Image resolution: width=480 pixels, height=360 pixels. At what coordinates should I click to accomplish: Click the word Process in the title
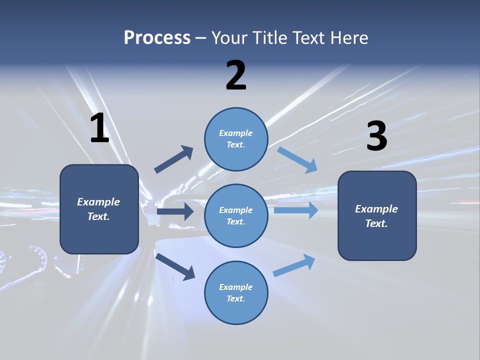(157, 37)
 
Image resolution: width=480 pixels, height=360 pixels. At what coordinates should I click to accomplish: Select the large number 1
(99, 128)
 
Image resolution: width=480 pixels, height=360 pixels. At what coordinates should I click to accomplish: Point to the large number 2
(236, 75)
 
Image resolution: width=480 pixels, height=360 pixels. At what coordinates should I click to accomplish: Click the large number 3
(376, 136)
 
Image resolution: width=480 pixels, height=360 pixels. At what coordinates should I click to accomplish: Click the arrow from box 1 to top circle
(174, 159)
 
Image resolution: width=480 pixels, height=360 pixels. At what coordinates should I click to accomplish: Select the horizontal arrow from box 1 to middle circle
(175, 211)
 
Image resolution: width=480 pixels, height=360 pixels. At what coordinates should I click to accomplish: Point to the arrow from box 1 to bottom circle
(175, 266)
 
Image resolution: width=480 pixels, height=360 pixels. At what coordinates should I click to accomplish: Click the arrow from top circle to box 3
(297, 160)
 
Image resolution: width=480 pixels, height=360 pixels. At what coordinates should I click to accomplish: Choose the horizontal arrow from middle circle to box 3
(296, 210)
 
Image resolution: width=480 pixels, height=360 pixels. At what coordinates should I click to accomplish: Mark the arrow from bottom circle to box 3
(294, 265)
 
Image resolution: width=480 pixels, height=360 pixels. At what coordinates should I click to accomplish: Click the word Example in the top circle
(235, 133)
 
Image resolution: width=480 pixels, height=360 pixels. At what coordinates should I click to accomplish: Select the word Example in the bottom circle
(235, 287)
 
